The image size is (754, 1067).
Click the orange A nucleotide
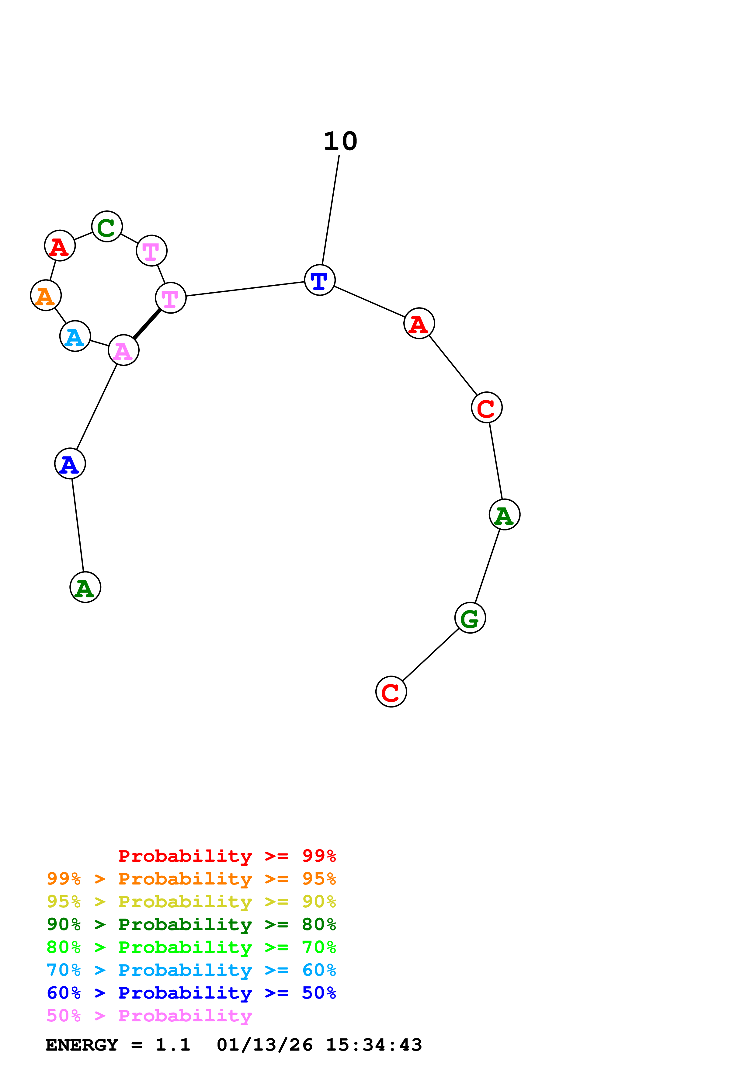point(46,296)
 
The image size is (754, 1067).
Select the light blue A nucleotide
point(75,336)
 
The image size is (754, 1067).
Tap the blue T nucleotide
point(320,280)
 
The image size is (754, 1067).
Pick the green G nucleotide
point(470,618)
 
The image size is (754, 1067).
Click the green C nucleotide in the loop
point(107,227)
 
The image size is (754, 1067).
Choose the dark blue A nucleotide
point(70,464)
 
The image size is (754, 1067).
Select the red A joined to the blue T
point(419,323)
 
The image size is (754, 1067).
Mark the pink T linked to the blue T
point(171,298)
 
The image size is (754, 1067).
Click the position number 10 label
point(341,141)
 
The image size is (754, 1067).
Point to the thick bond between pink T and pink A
point(147,324)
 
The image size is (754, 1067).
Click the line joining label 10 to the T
point(330,210)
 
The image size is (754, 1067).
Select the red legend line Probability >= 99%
point(227,856)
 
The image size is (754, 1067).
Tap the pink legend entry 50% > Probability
point(149,1016)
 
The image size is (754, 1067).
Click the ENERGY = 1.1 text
point(118,1045)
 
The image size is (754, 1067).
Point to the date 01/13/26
point(264,1045)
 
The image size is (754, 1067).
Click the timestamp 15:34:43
point(374,1045)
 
